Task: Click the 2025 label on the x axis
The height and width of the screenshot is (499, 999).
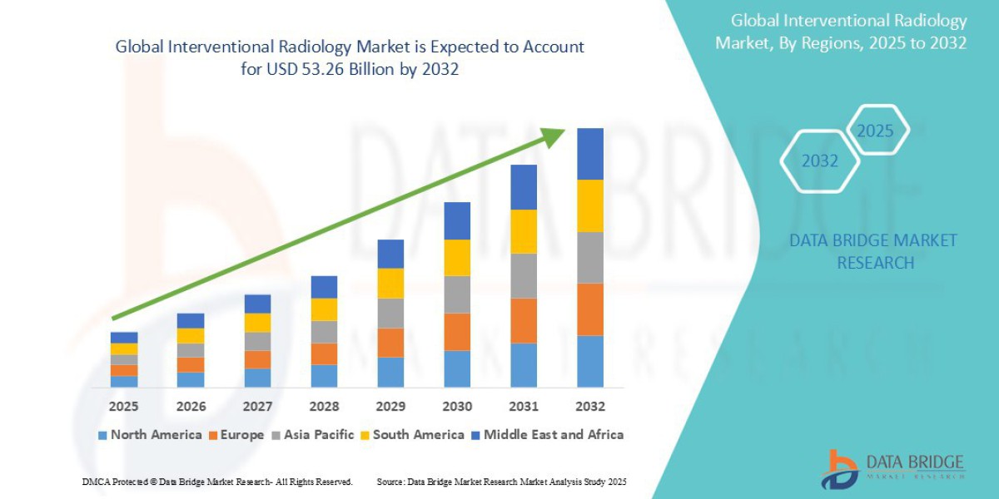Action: (x=123, y=407)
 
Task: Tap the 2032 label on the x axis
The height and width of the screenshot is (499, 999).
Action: (x=589, y=407)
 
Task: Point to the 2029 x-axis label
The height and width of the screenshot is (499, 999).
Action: (x=390, y=407)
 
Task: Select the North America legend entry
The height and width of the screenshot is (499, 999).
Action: (x=150, y=434)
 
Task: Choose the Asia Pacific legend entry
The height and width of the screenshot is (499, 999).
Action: (x=312, y=434)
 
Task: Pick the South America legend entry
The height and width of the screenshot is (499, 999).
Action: (x=411, y=434)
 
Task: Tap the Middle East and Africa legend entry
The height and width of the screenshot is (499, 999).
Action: (x=546, y=434)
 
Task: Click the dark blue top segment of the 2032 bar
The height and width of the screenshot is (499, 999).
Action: (x=589, y=154)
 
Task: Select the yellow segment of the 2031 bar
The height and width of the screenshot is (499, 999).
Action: (x=524, y=231)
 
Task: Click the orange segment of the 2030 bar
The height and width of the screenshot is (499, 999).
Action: (x=457, y=332)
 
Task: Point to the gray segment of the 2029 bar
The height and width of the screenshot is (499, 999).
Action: (x=390, y=313)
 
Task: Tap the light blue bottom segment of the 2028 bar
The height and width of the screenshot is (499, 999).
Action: (x=324, y=376)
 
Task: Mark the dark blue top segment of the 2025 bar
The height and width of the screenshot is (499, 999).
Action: (x=124, y=338)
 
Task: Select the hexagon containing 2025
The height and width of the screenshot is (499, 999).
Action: (x=875, y=131)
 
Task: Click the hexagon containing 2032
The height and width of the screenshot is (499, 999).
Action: (x=820, y=161)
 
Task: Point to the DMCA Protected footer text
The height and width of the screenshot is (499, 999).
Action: (x=217, y=482)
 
